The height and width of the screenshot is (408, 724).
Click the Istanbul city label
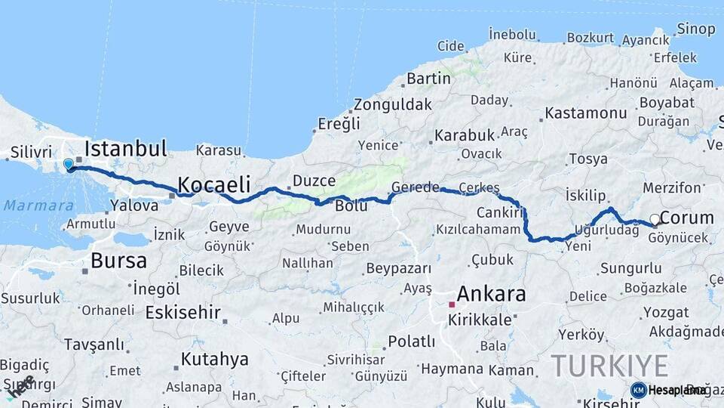pos(125,147)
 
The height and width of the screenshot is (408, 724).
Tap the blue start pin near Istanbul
pos(69,164)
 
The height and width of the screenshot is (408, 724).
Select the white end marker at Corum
pos(655,219)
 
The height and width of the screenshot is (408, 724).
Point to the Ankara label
pos(491,294)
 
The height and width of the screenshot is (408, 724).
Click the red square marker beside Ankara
pos(452,304)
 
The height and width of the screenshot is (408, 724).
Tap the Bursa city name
pos(118,261)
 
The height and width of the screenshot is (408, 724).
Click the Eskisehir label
pos(183,312)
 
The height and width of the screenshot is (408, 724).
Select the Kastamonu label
pos(585,113)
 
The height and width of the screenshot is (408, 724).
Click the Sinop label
pos(695,29)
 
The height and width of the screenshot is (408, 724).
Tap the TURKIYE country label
pos(609,366)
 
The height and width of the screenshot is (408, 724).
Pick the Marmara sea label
pos(38,206)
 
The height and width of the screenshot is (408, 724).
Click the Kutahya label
pos(214,359)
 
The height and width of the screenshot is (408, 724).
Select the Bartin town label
pos(428,78)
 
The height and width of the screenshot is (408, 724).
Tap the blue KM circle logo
pos(638,390)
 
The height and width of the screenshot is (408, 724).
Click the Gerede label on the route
pos(415,187)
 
